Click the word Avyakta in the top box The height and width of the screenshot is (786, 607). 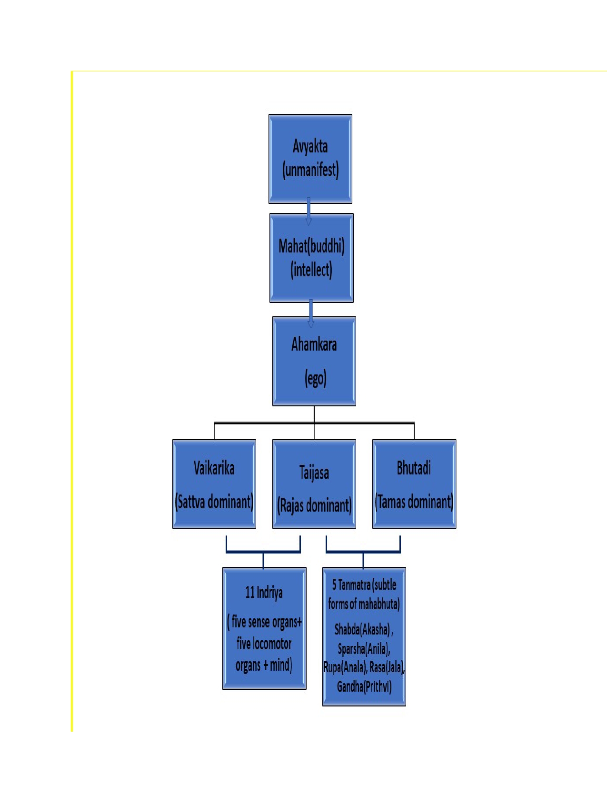pyautogui.click(x=310, y=146)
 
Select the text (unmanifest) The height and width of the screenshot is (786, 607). pyautogui.click(x=310, y=170)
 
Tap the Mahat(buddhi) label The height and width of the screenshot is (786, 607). pyautogui.click(x=311, y=246)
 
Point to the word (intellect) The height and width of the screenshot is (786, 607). pyautogui.click(x=311, y=270)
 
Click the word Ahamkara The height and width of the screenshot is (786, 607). pyautogui.click(x=314, y=344)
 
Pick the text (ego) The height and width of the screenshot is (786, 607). pyautogui.click(x=315, y=379)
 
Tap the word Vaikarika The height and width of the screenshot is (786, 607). pyautogui.click(x=214, y=468)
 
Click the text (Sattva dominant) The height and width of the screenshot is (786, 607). pyautogui.click(x=214, y=502)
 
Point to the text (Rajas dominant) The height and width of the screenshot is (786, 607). pyautogui.click(x=314, y=505)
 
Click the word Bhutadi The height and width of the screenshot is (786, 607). pyautogui.click(x=414, y=468)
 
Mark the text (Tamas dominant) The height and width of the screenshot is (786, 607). pyautogui.click(x=414, y=502)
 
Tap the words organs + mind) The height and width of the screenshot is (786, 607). pyautogui.click(x=264, y=665)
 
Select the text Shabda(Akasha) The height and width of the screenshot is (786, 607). pyautogui.click(x=363, y=629)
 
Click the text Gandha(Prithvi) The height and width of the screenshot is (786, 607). pyautogui.click(x=364, y=686)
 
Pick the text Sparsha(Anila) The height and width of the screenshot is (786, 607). pyautogui.click(x=364, y=648)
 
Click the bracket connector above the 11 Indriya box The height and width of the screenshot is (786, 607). pyautogui.click(x=263, y=552)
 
